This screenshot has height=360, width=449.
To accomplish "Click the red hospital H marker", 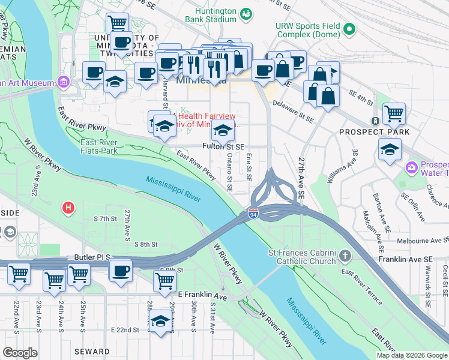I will tap(69, 208).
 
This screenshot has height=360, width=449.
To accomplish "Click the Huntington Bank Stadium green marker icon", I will tap(246, 13).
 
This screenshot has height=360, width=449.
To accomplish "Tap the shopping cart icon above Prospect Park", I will tap(394, 112).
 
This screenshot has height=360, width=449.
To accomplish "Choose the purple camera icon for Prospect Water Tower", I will tap(412, 166).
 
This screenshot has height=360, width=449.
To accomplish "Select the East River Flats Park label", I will tap(99, 146).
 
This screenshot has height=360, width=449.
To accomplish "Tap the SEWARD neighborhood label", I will tap(92, 352).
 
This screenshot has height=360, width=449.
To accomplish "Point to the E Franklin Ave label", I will tap(203, 297).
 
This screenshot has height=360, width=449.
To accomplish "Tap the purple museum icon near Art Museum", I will tap(64, 82).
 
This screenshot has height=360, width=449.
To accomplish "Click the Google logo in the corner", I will tap(20, 352).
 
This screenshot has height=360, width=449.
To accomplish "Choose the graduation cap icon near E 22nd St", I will tap(160, 320).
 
